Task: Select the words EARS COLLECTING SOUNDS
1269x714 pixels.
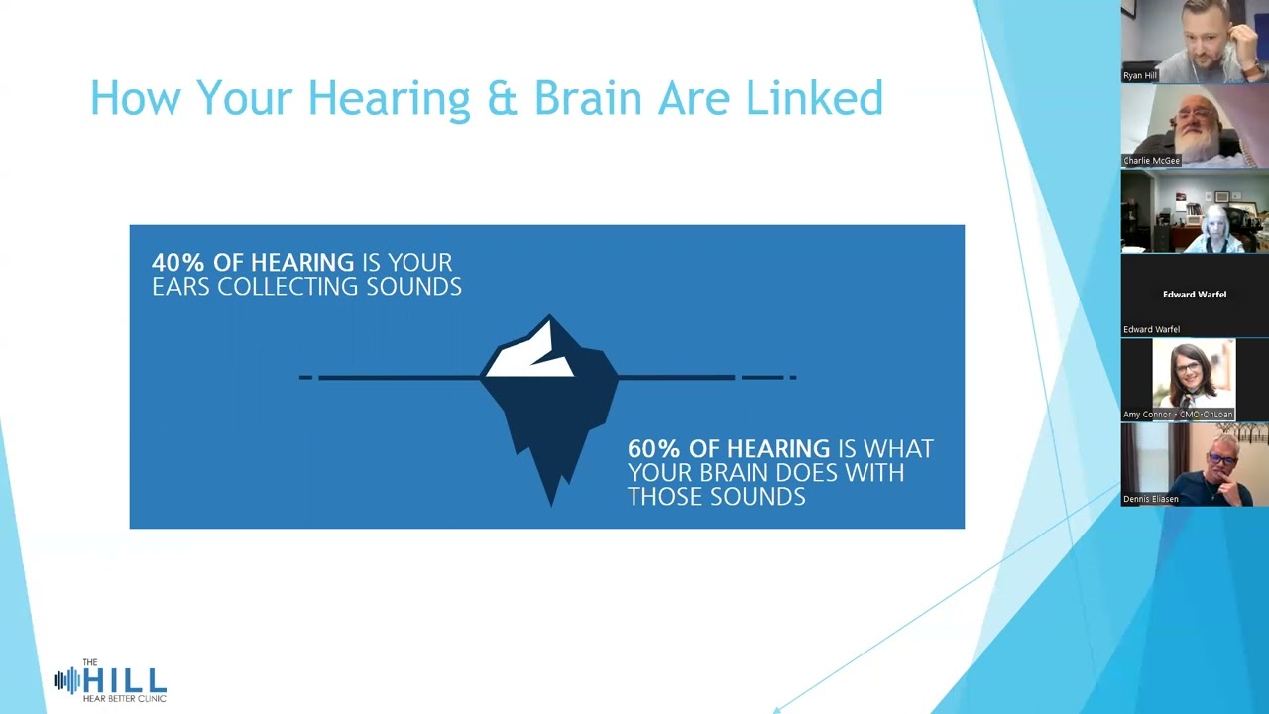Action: (306, 287)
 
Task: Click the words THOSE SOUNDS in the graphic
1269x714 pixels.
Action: (716, 497)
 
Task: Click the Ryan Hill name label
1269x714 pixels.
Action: (1140, 75)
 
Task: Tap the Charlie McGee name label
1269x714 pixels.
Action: (1151, 160)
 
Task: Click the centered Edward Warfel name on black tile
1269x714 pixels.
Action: (1194, 295)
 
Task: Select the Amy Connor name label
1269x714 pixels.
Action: (1178, 415)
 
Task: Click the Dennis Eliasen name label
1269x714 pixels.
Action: (1151, 499)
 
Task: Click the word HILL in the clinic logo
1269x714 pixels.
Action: (125, 680)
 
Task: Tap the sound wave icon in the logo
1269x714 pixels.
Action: (66, 680)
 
